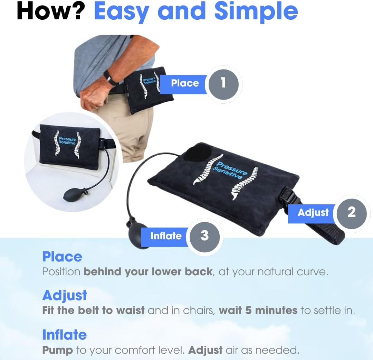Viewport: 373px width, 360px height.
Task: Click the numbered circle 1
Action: pos(223,83)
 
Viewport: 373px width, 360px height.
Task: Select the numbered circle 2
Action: pos(351,212)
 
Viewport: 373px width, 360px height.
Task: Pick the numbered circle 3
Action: pos(204,236)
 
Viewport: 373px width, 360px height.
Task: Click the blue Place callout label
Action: pos(184,83)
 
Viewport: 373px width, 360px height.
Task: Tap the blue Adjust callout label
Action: pos(313,212)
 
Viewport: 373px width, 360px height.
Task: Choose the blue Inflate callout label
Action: pos(165,236)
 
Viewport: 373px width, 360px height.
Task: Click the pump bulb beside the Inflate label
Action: pos(137,235)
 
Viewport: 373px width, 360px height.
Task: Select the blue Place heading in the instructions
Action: pos(62,257)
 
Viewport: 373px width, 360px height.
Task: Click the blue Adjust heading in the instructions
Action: pos(65,296)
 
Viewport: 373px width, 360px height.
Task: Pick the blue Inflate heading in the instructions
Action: pos(64,335)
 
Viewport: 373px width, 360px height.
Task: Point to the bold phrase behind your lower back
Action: pos(148,271)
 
